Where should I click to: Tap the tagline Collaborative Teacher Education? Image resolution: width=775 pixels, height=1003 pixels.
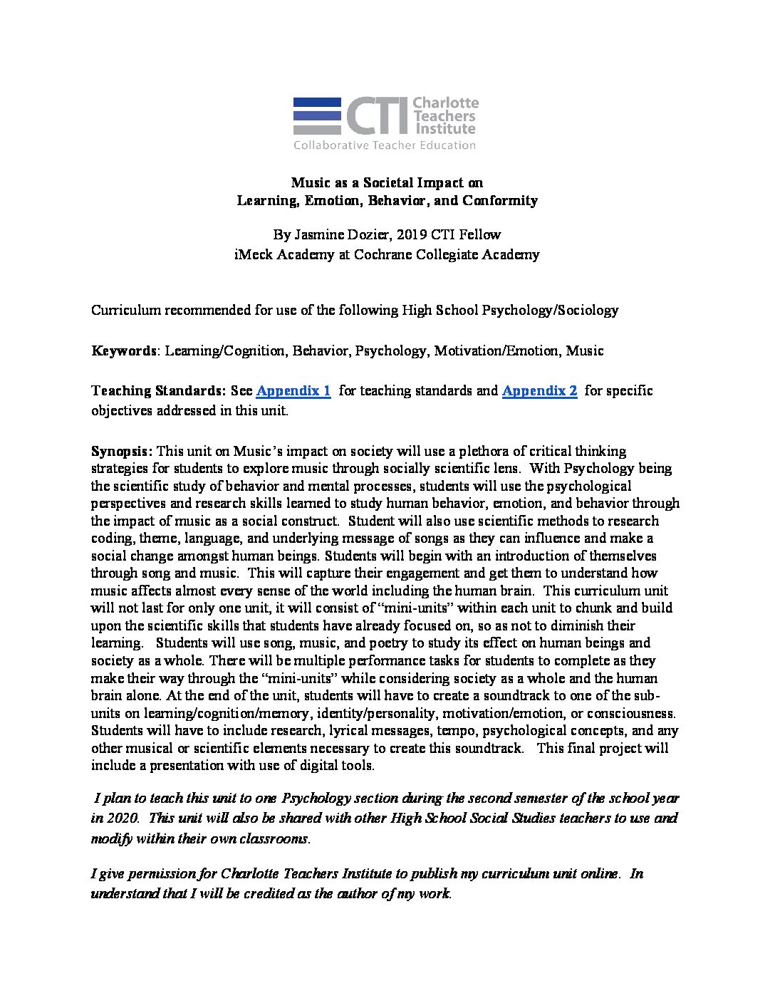[385, 145]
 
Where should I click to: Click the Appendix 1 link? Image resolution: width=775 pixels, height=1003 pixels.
[293, 391]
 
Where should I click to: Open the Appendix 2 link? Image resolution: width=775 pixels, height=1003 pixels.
[539, 391]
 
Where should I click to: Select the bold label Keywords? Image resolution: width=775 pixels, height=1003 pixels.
[123, 350]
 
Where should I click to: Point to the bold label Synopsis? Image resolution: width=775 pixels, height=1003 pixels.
[121, 451]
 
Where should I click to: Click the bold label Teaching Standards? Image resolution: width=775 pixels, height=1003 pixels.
[156, 391]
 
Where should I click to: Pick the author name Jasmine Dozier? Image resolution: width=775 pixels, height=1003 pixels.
[334, 234]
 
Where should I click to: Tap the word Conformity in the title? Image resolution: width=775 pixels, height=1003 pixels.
[499, 201]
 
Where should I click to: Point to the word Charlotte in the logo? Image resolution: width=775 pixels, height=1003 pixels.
[446, 104]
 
